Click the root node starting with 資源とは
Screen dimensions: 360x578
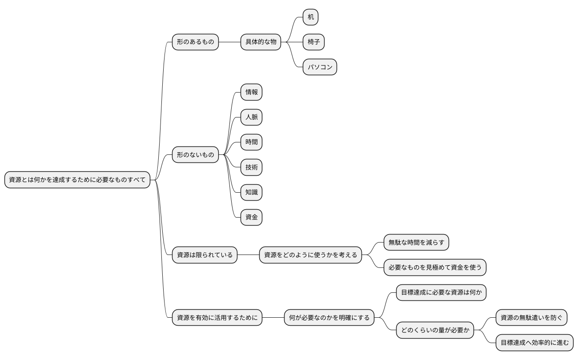point(77,180)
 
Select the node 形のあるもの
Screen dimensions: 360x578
point(195,42)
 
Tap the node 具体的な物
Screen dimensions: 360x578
point(261,42)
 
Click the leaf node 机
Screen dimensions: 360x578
point(310,17)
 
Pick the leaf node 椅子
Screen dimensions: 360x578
point(313,42)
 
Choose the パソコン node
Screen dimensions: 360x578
point(320,67)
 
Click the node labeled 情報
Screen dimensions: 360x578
point(251,93)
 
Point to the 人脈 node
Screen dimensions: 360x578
point(251,117)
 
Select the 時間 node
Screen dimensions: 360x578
point(251,142)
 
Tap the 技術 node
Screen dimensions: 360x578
point(251,167)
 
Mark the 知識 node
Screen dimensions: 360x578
point(251,193)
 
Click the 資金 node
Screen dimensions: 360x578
point(251,218)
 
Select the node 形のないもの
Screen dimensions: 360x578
point(195,155)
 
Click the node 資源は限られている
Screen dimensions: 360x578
point(205,255)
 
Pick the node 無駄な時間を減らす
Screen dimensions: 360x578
point(416,243)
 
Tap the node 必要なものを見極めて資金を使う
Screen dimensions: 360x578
point(435,267)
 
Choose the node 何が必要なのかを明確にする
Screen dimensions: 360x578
point(329,318)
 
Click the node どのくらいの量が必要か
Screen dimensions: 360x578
point(435,330)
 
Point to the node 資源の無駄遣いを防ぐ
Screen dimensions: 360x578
point(531,318)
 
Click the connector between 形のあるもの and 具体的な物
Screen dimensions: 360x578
point(229,42)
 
